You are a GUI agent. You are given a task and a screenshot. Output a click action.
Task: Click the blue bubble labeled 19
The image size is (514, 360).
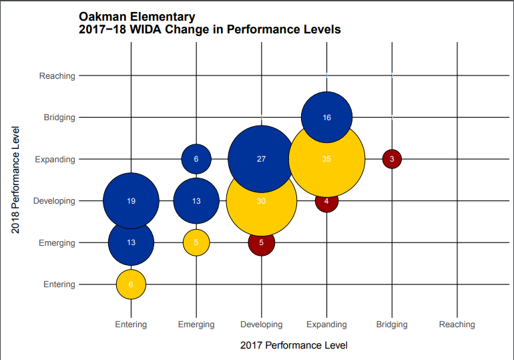pos(131,200)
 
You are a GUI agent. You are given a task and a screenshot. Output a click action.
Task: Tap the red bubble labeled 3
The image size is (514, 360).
pos(392,159)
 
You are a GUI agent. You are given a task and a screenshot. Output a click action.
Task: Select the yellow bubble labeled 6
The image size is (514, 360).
pos(131,285)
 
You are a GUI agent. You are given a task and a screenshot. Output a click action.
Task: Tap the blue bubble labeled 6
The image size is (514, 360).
pos(196,159)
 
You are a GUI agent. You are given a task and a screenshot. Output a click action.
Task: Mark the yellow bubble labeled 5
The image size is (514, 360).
pos(196,242)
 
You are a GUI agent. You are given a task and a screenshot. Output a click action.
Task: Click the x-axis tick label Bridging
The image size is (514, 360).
pos(392,325)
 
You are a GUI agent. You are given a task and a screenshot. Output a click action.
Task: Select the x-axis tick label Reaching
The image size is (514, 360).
pos(457,325)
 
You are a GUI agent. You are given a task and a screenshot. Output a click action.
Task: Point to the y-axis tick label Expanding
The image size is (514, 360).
pos(55,159)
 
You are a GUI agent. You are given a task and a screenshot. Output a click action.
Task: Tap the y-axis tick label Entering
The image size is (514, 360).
pos(59,285)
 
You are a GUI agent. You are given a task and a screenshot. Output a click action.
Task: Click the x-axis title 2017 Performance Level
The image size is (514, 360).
pos(294,345)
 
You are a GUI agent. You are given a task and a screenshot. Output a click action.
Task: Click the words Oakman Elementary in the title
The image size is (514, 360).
pos(137,17)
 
